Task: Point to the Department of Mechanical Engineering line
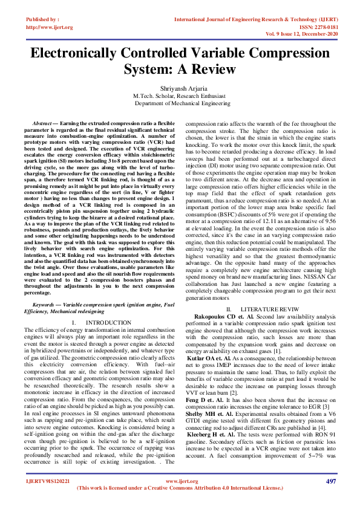click(x=180, y=103)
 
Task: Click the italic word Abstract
click(x=44, y=123)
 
